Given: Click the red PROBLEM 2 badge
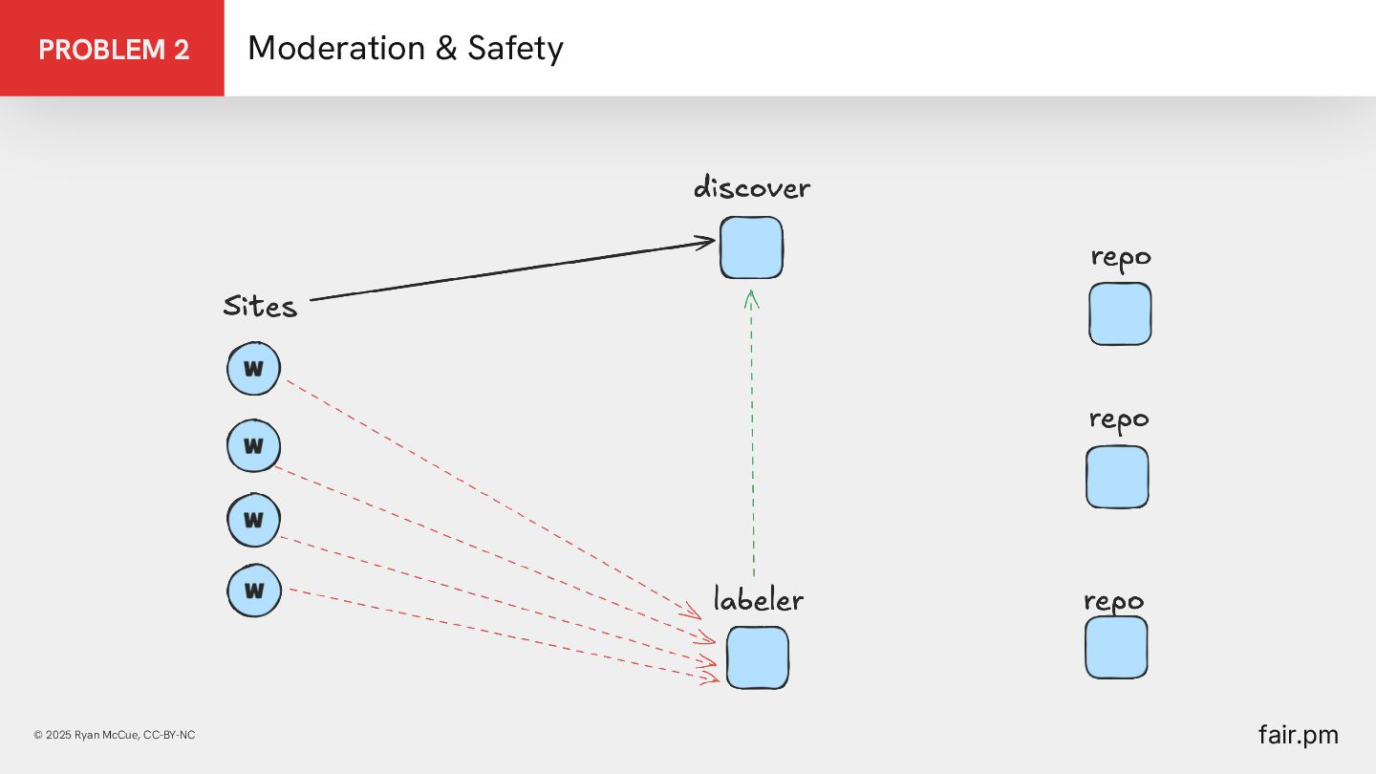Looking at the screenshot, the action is [x=113, y=49].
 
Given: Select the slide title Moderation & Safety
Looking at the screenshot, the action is [x=405, y=49].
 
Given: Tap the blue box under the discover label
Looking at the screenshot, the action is [x=751, y=247].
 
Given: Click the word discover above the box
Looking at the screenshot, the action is [x=751, y=187].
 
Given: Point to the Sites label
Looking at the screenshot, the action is [x=260, y=306].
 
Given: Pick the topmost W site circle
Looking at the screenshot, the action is [x=253, y=369].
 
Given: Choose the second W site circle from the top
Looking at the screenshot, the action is [x=253, y=445].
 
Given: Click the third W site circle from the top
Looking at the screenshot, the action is [x=253, y=520].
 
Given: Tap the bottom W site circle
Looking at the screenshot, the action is [x=254, y=591].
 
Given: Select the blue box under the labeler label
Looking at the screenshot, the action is [x=758, y=657].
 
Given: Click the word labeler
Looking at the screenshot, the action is [x=758, y=600].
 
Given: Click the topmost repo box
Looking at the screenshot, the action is [x=1120, y=313].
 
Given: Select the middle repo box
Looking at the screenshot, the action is [x=1117, y=477].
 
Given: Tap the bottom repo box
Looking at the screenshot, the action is [x=1116, y=647].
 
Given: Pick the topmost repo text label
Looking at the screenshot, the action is [x=1121, y=257].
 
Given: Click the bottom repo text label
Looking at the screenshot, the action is [x=1113, y=601].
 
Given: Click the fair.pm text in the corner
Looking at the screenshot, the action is [x=1298, y=735].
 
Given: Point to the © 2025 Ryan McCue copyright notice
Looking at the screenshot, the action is [x=114, y=735].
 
